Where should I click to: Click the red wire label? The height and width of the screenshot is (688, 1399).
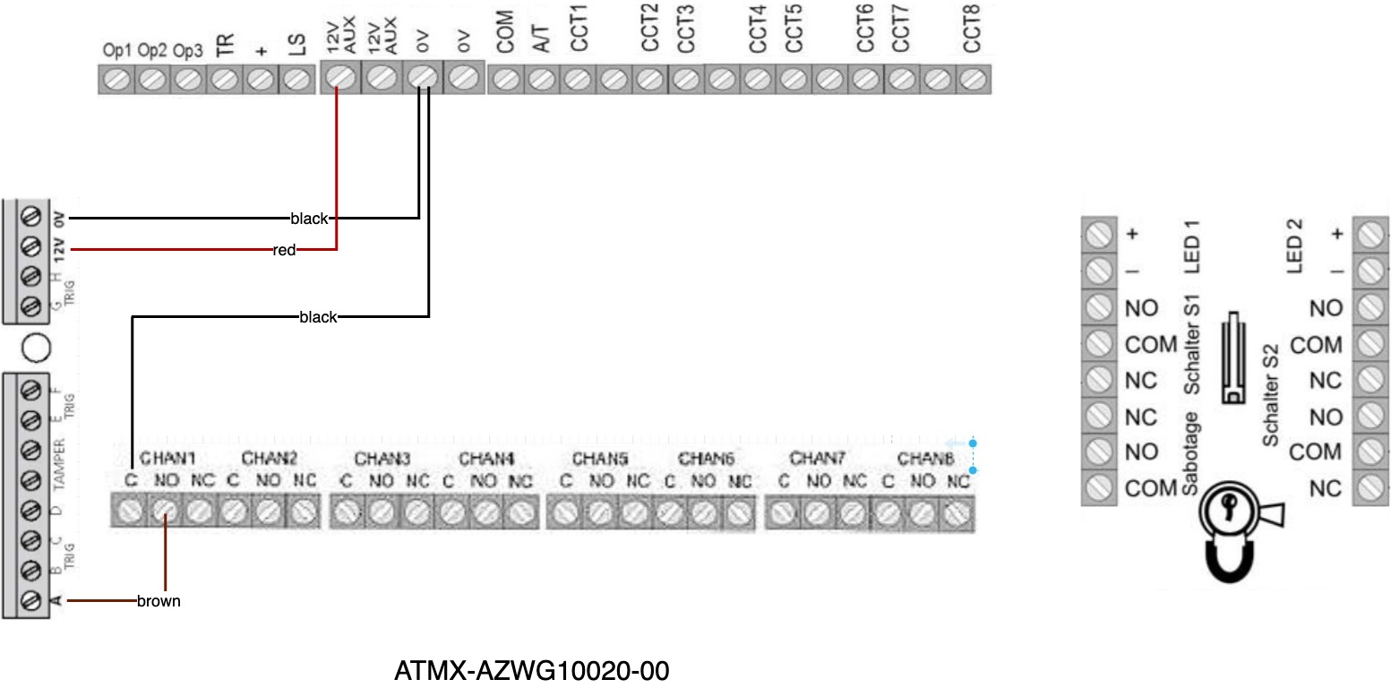(x=285, y=250)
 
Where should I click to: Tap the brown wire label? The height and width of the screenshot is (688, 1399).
(x=159, y=601)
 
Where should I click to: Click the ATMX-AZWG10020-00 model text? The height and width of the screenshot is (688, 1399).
(x=531, y=670)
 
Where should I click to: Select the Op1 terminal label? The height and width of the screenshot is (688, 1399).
(x=116, y=51)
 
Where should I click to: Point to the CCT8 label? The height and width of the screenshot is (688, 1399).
(x=972, y=27)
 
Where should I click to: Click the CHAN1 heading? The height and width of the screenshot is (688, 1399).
(x=167, y=459)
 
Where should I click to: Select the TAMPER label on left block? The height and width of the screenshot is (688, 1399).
(x=58, y=464)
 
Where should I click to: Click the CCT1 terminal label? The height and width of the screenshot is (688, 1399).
(x=578, y=29)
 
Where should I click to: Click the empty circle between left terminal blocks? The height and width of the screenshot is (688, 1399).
(x=32, y=347)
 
